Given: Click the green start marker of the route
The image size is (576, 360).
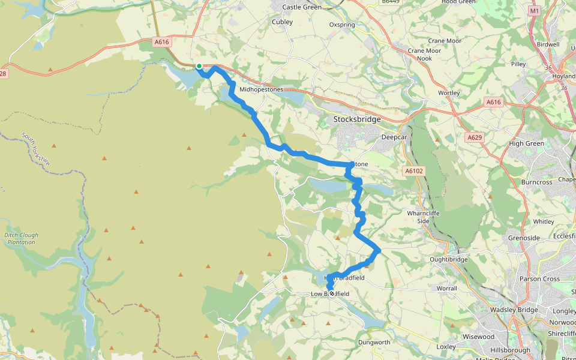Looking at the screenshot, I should (x=199, y=67).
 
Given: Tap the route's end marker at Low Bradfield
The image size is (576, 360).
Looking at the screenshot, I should (x=331, y=294).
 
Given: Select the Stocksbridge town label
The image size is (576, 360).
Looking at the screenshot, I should (x=357, y=119).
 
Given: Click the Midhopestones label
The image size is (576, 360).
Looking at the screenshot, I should (x=261, y=89).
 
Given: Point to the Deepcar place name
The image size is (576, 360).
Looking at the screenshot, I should (x=395, y=137).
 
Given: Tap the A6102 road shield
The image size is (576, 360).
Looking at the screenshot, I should (x=413, y=171).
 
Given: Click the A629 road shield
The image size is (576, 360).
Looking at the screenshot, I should (x=474, y=137).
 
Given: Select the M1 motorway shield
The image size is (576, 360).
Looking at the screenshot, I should (x=535, y=11).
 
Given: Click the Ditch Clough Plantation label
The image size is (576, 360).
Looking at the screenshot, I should (x=21, y=238).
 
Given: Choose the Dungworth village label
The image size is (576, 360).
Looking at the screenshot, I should (x=374, y=343).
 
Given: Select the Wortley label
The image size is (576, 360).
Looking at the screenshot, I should (x=449, y=93).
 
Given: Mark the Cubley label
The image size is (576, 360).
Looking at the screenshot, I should (x=283, y=22).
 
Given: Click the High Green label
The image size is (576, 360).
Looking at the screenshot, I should (x=526, y=143).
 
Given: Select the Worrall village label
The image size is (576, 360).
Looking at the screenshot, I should (x=446, y=289).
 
